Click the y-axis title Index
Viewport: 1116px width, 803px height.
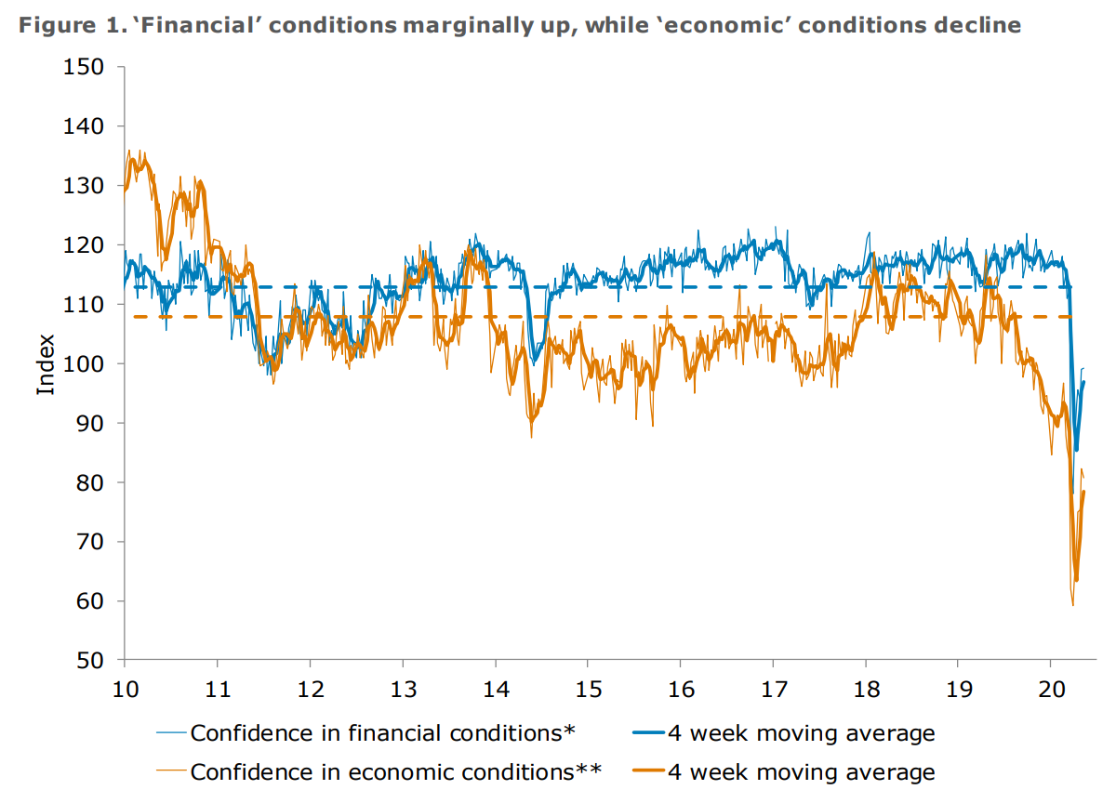(46, 363)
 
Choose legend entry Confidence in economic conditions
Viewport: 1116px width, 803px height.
(396, 771)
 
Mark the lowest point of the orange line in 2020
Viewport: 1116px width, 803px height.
(1072, 605)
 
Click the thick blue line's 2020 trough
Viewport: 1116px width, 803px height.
(1076, 451)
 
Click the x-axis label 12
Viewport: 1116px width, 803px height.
(310, 691)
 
